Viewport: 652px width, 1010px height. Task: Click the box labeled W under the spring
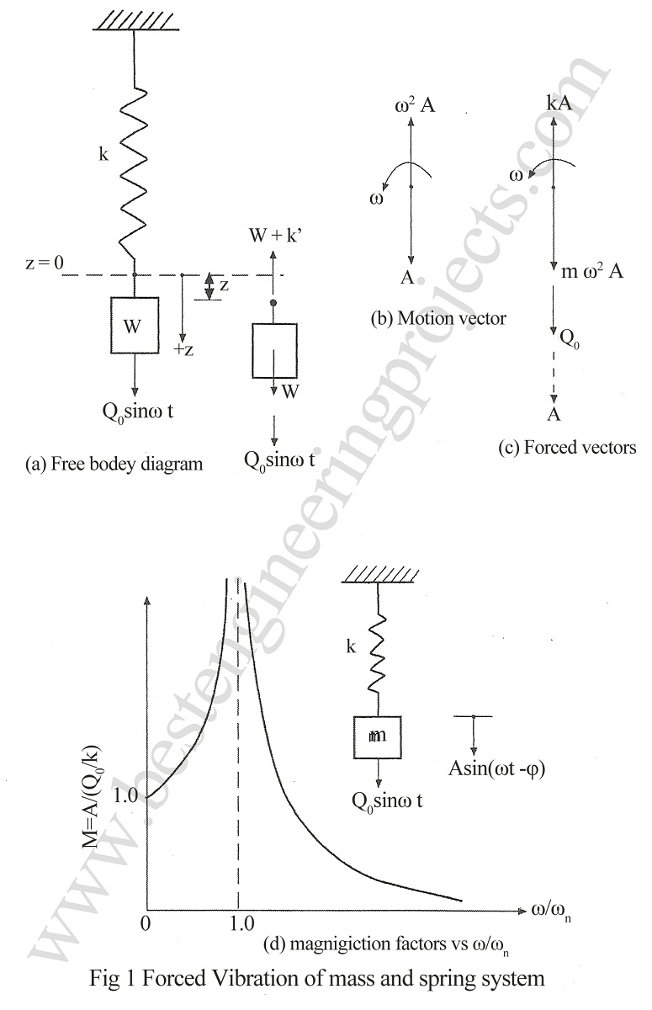point(135,325)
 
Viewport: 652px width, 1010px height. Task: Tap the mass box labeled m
point(377,736)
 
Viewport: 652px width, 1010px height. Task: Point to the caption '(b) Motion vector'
point(438,319)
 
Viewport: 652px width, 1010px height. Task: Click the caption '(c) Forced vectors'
point(567,448)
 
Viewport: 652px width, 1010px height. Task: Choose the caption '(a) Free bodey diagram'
point(115,464)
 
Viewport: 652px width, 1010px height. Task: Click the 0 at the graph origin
point(147,923)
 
